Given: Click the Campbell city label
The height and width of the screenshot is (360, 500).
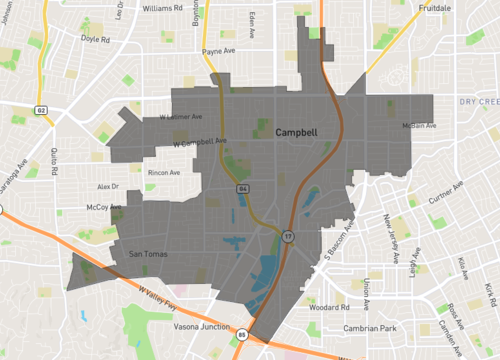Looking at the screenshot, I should (297, 131).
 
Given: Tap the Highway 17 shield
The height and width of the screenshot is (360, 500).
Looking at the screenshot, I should (289, 236).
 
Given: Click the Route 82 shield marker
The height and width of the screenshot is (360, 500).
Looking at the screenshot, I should (40, 109).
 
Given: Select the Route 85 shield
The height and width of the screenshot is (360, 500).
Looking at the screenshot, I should (242, 336).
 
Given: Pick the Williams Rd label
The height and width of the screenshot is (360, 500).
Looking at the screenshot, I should (165, 7).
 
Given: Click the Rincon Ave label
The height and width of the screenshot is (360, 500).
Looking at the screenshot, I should (163, 172).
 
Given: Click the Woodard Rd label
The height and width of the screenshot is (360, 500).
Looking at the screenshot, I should (354, 308).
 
